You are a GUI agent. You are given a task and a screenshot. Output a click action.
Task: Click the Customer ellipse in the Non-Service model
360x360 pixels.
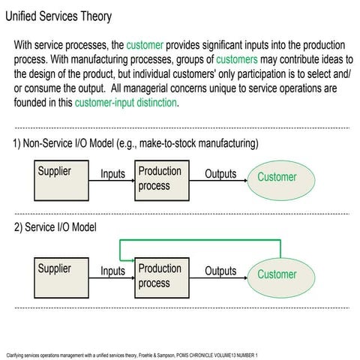pos(277,178)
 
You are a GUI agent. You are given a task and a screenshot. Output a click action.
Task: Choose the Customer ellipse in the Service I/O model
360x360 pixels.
pos(277,274)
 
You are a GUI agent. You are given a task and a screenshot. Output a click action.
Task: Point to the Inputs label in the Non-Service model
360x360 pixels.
pos(112,174)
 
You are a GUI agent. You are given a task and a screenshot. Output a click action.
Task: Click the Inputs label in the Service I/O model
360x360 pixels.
pos(112,271)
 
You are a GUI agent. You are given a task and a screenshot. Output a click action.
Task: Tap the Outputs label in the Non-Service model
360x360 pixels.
pos(220,174)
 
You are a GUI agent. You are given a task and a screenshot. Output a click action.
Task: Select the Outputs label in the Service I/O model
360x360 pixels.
pos(220,271)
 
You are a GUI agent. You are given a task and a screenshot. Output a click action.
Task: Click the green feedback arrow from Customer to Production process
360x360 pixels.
pos(202,241)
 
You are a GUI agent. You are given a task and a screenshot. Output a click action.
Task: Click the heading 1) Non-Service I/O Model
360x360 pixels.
pos(135,143)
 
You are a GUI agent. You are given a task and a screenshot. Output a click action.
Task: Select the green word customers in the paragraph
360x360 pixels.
pos(237,60)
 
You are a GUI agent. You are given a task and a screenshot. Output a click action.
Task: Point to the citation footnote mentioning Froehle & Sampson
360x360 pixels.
pos(131,354)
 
